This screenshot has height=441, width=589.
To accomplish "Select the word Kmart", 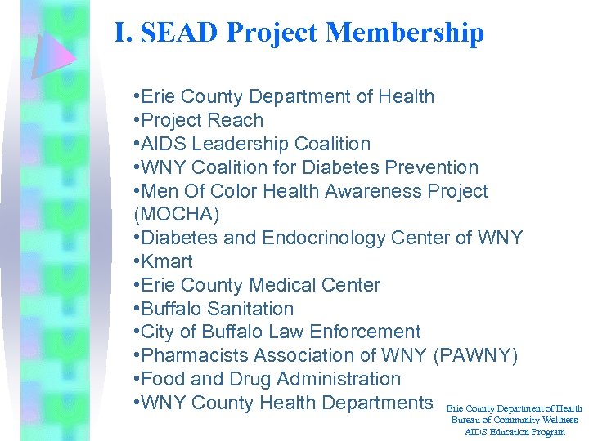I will point(167,262).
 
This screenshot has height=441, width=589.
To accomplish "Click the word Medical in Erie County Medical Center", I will point(285,286).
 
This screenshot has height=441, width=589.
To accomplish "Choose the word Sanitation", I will point(251,310).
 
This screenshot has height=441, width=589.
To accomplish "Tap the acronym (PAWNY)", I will point(474,356).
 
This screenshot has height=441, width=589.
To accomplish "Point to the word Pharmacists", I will point(195,356).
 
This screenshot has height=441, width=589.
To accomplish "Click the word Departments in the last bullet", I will point(377,403).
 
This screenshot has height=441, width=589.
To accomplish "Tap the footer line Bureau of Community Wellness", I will point(515,420).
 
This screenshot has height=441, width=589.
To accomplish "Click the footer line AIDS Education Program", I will point(515,432).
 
